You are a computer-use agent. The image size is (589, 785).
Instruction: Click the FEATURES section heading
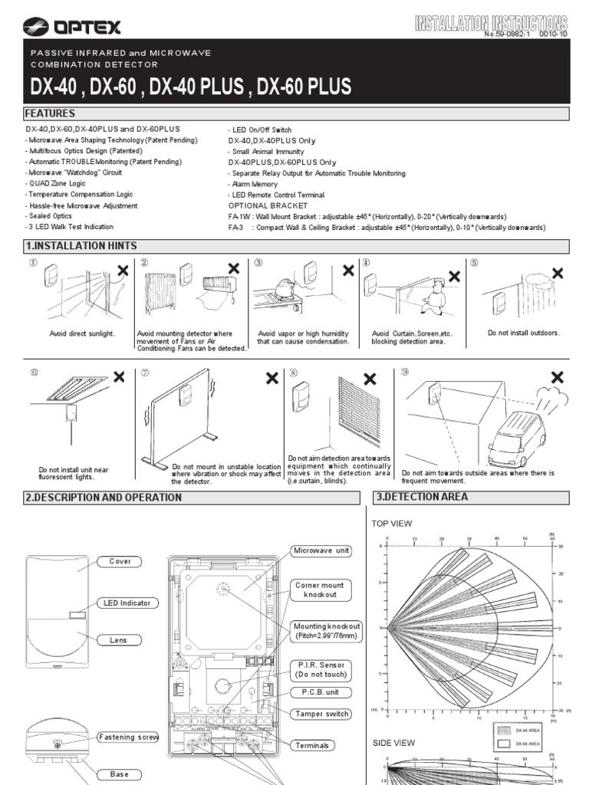pos(51,114)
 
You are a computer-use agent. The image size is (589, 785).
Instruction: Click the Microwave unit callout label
pos(321,551)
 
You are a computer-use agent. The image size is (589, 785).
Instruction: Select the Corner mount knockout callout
pos(321,590)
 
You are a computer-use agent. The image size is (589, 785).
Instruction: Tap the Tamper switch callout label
pos(321,714)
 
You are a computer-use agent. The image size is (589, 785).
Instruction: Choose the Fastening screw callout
pos(127,737)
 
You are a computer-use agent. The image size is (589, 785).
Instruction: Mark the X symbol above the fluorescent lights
pos(119,376)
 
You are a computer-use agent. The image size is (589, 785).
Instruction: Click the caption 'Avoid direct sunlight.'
pos(82,334)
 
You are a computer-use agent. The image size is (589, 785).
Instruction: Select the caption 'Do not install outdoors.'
pos(524,333)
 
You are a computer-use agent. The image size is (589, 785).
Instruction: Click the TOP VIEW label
pos(392,524)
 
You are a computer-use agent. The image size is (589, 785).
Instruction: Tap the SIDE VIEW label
pos(393,743)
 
